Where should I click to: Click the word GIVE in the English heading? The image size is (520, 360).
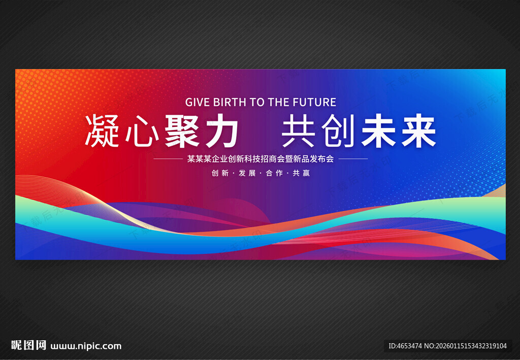197,102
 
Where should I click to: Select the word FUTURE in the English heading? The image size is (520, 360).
314,102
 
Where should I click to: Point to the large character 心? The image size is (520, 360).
140,132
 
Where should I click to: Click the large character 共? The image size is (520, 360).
300,132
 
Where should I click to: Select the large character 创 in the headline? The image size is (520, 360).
339,132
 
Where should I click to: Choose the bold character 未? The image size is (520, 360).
378,132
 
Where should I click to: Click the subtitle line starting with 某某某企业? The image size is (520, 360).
261,159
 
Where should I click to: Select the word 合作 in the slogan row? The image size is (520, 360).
274,173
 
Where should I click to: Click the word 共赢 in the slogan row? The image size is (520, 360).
301,173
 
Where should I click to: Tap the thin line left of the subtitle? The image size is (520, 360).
167,159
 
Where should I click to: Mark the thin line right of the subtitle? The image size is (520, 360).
353,159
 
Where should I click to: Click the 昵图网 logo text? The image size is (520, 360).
28,346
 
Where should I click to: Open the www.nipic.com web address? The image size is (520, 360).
86,346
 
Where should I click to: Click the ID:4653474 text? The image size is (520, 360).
405,346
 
